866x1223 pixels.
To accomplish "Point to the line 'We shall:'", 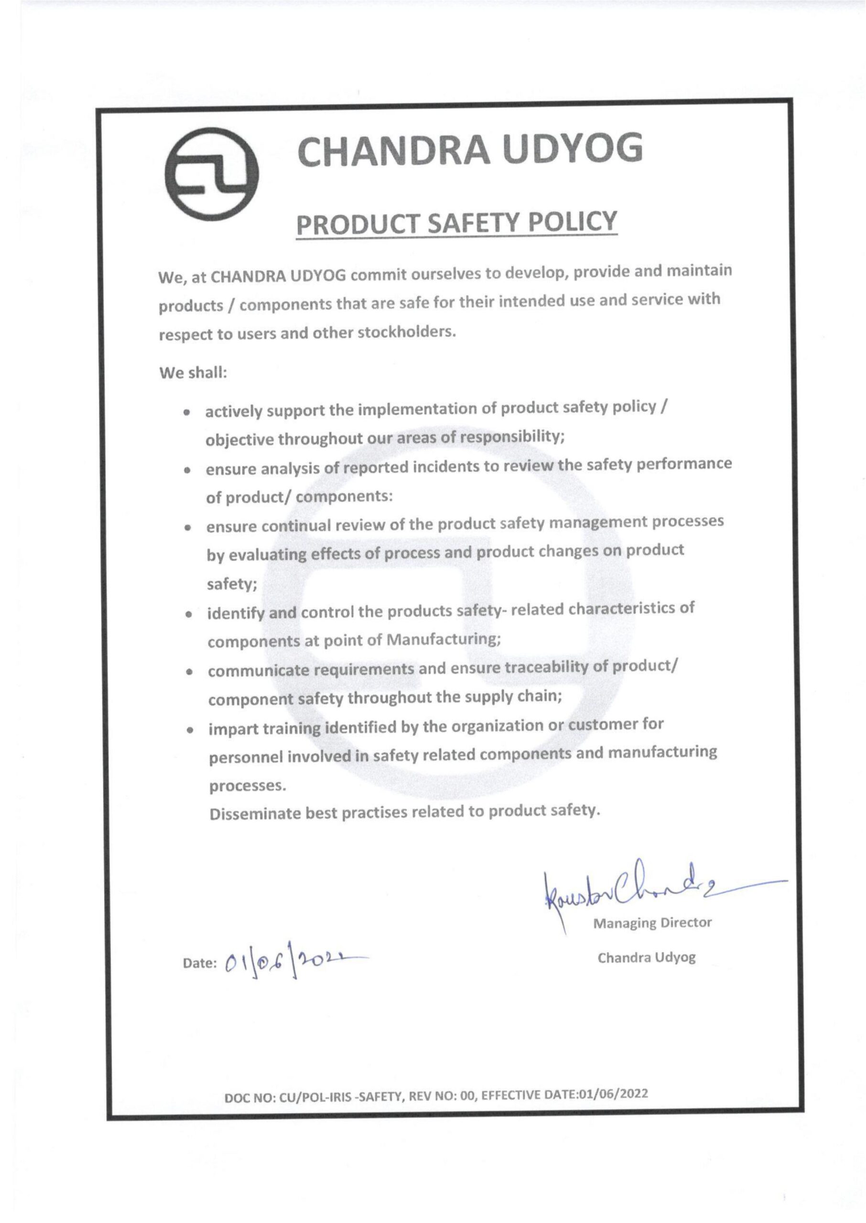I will [193, 373].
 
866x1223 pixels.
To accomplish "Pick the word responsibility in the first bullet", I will [511, 437].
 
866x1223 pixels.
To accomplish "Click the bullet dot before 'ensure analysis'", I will [187, 471].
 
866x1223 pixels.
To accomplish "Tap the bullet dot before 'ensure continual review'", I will [187, 528].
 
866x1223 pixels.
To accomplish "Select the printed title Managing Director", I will [651, 923].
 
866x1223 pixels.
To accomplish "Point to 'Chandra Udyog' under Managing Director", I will [646, 957].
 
